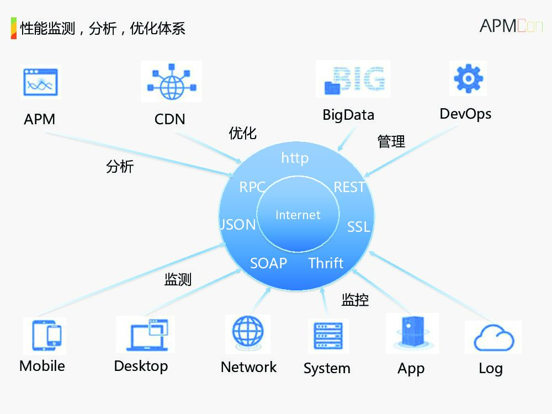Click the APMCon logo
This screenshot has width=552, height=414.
click(x=511, y=26)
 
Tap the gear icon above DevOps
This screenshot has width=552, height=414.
click(x=468, y=79)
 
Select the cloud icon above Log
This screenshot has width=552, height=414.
click(x=493, y=338)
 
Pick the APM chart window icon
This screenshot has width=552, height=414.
click(x=40, y=83)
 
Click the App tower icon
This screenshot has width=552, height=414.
click(x=411, y=333)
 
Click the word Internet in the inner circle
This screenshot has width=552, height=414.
click(x=298, y=215)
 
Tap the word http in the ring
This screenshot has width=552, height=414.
click(x=295, y=158)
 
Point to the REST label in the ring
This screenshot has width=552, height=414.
click(x=349, y=187)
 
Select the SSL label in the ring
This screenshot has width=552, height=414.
click(x=358, y=227)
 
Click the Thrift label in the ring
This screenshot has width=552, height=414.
click(x=326, y=263)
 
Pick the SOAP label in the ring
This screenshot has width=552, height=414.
click(x=268, y=263)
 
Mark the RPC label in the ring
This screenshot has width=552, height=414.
click(x=252, y=187)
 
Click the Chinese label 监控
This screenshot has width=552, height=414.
click(x=355, y=300)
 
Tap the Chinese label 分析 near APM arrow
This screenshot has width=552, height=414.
click(x=120, y=167)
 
